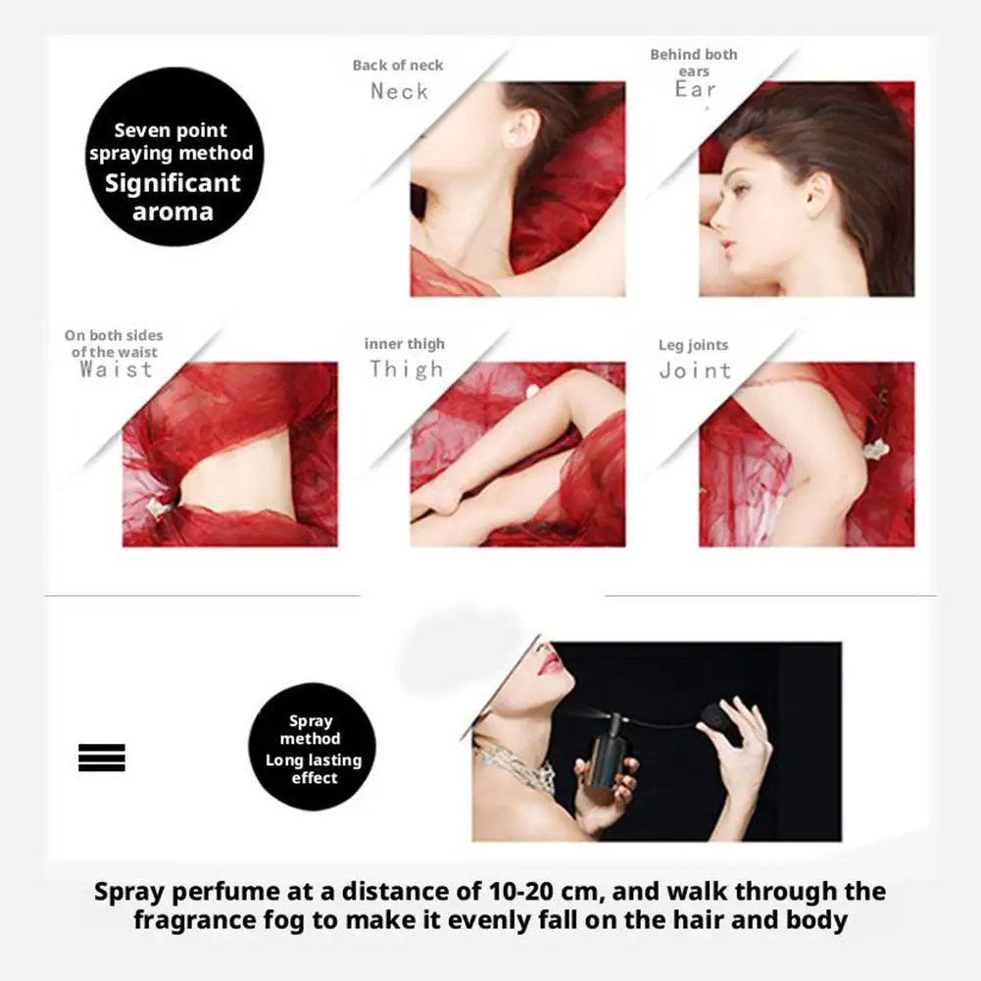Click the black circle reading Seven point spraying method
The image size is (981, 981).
click(x=173, y=157)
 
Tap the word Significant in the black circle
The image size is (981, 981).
click(x=172, y=182)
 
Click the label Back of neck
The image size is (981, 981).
click(x=398, y=65)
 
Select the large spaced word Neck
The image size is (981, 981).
click(x=399, y=91)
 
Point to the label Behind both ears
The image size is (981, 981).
click(x=694, y=63)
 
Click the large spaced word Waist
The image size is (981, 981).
click(x=117, y=369)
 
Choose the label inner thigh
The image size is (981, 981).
click(x=405, y=344)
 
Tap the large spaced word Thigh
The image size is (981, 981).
click(x=407, y=369)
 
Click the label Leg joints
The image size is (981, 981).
click(x=693, y=345)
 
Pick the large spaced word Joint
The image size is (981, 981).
click(x=696, y=370)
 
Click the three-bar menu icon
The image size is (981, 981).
click(x=102, y=758)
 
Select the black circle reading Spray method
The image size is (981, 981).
click(x=313, y=747)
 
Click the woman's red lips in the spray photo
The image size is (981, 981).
click(x=550, y=662)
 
